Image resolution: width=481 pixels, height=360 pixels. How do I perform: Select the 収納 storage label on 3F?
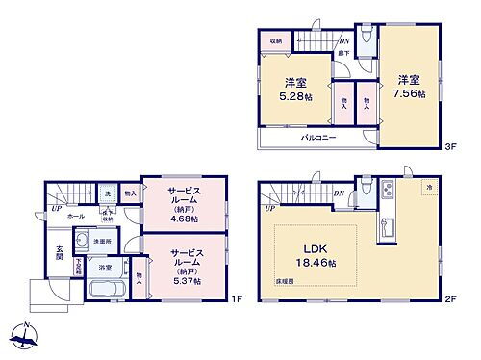[x=275, y=42]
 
